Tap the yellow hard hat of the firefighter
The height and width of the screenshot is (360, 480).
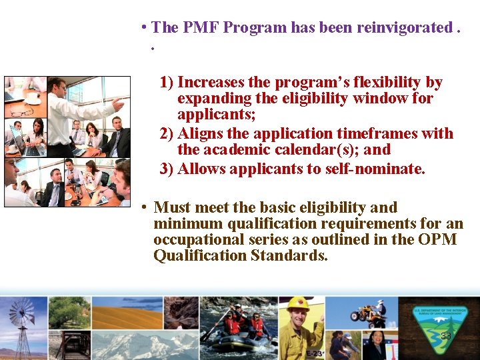[x=299, y=304]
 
